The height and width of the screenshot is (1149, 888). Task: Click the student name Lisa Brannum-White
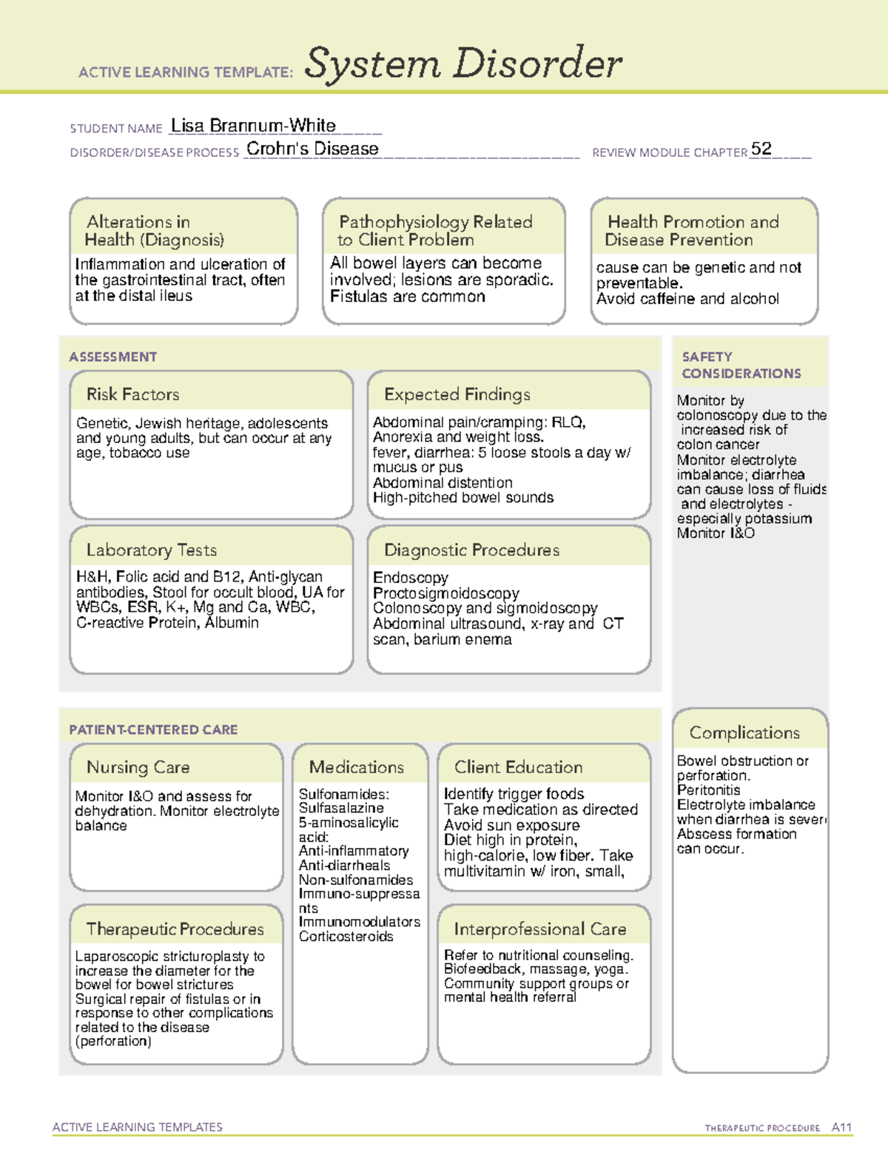pos(253,126)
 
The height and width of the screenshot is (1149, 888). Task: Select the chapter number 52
pos(761,149)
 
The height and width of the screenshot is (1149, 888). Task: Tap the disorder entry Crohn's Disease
pos(312,149)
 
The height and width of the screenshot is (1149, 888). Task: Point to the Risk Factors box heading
pos(133,394)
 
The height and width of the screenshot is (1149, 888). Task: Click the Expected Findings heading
pos(457,394)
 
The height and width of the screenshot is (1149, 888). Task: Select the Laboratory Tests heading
pos(152,550)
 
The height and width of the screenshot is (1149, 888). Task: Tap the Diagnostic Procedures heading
pos(471,550)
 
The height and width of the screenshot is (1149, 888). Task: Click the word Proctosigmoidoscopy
pos(446,593)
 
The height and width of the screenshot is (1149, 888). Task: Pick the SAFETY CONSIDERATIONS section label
pos(741,365)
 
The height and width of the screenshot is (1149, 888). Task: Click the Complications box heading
pos(744,732)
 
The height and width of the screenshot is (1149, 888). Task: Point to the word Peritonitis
pos(708,790)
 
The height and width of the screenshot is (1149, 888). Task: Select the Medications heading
pos(357,767)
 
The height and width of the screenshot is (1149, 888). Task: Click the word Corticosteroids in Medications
pos(346,937)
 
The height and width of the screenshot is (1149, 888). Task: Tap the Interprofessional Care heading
pos(540,929)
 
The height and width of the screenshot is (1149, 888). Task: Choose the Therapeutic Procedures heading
pos(175,929)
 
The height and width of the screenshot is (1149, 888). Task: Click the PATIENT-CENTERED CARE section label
pos(153,730)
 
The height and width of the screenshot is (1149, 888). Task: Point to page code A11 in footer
pos(841,1127)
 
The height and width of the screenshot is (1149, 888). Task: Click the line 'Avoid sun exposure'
pos(511,825)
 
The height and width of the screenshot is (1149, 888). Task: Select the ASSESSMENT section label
pos(113,357)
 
